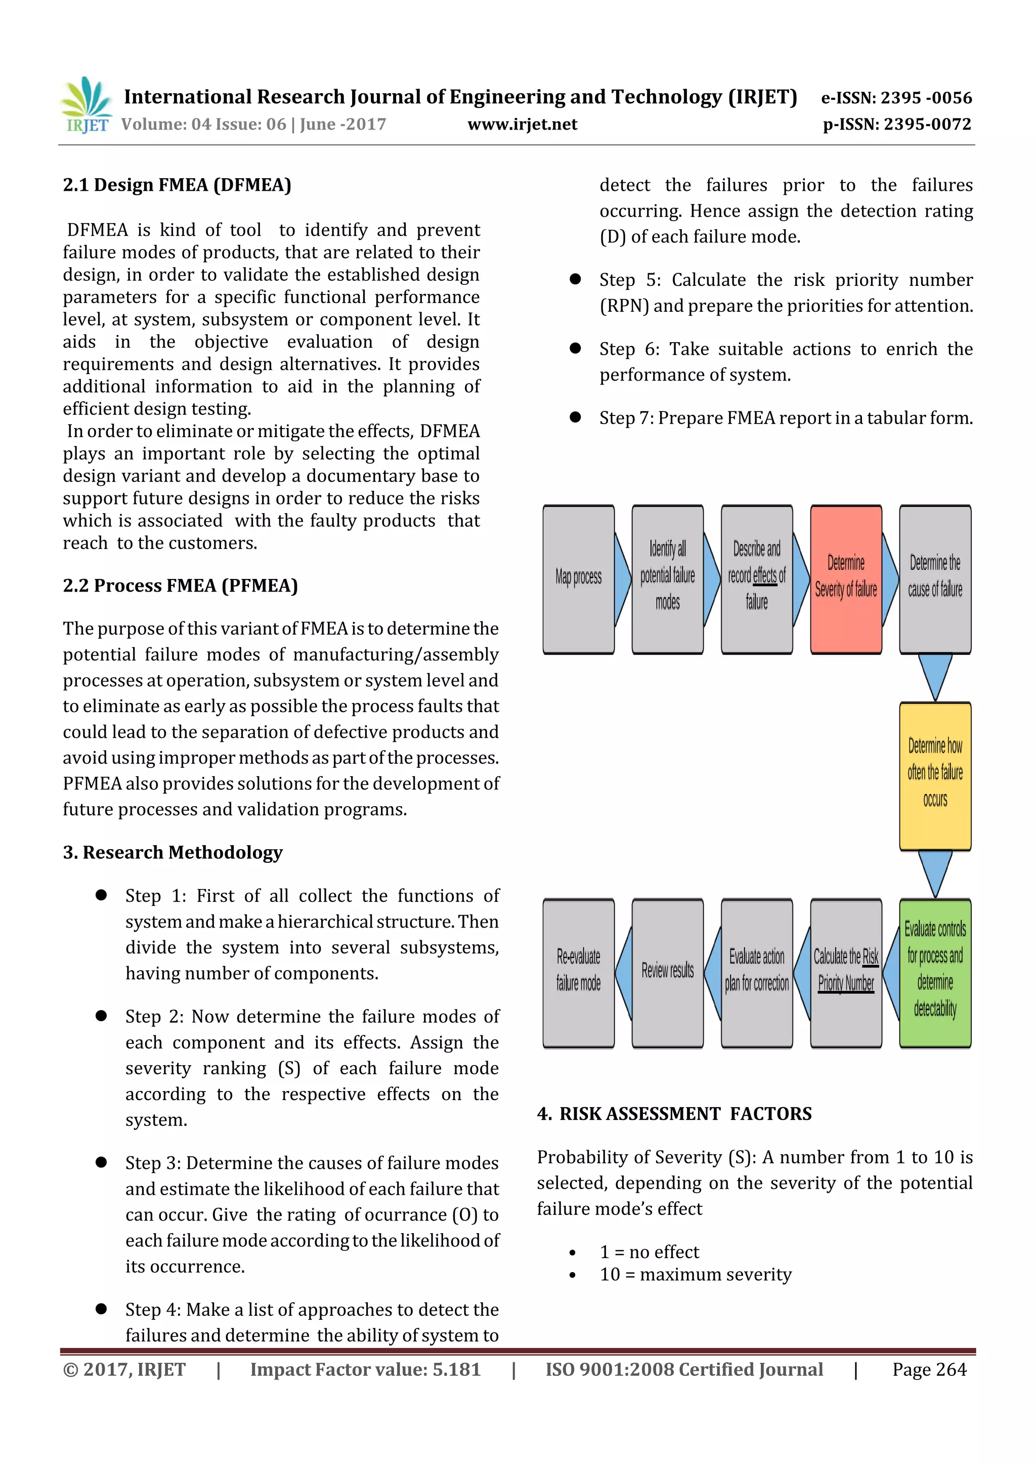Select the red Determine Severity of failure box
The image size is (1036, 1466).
[846, 579]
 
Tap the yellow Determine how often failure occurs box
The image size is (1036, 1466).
[935, 776]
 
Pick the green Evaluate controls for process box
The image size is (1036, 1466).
[935, 973]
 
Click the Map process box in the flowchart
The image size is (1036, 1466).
[578, 579]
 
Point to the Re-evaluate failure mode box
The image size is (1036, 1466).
[578, 973]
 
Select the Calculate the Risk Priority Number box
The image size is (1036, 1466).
[846, 973]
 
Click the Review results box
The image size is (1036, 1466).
[667, 973]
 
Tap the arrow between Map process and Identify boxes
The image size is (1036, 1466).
[622, 579]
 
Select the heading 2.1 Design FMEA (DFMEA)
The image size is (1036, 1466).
[177, 185]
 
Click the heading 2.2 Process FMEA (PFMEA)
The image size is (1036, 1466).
[180, 585]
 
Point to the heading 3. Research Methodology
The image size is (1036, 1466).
[172, 852]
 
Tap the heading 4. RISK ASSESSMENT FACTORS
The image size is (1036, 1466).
[674, 1114]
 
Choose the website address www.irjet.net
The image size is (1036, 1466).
[522, 124]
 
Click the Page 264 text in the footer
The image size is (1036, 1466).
[929, 1369]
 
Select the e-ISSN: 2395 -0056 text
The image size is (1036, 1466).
[896, 98]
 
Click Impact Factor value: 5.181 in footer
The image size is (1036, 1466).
[365, 1369]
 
